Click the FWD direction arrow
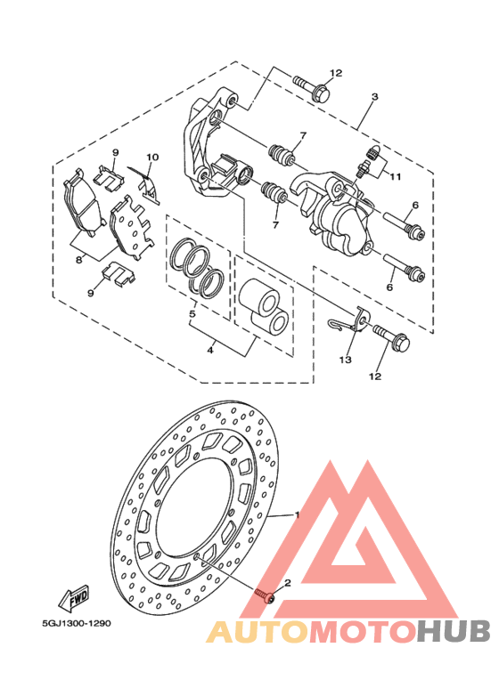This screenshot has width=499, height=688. tap(74, 598)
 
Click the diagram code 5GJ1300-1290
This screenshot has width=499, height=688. tap(77, 624)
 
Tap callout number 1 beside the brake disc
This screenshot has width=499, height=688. tap(297, 514)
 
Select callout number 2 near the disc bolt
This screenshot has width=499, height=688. tap(288, 583)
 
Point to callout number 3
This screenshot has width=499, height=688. tap(374, 96)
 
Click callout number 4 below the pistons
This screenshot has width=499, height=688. tap(210, 350)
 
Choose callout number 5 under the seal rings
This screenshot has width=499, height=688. tap(192, 314)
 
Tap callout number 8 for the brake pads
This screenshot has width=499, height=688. tap(78, 260)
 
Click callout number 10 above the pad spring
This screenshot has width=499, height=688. tap(152, 157)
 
